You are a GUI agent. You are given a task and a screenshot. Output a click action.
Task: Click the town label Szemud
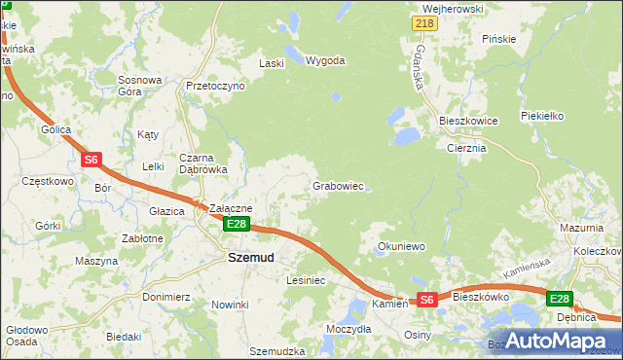[250, 258]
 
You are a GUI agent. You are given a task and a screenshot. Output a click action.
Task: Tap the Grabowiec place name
[338, 185]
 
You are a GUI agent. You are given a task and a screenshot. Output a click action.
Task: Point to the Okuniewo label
[402, 247]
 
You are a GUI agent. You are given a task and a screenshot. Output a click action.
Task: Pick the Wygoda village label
[325, 60]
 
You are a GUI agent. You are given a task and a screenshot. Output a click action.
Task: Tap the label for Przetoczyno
[215, 86]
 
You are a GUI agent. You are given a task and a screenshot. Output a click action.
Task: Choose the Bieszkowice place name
[468, 121]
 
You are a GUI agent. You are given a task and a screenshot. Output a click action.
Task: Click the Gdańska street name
[421, 67]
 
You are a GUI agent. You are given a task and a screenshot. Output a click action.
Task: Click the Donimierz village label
[165, 297]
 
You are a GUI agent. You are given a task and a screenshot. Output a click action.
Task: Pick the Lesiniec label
[305, 280]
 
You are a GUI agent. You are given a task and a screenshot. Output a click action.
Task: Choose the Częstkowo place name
[48, 181]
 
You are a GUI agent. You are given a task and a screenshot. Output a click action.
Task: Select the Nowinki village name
[230, 305]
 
